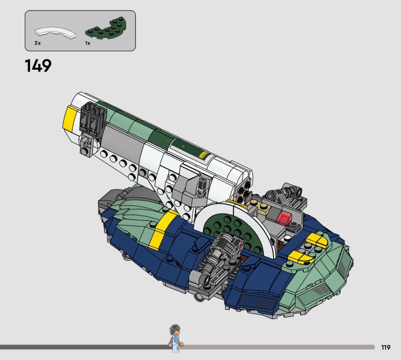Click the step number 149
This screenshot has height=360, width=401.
coord(38,66)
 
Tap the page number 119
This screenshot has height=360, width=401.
coord(385,347)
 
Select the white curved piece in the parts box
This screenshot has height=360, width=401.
coord(55,33)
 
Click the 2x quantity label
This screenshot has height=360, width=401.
coord(38,43)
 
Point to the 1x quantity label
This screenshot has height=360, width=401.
coord(88,43)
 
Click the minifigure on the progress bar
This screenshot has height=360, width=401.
coord(176,338)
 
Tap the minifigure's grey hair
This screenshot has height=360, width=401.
coord(175,328)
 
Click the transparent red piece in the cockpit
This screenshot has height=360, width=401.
coord(284,218)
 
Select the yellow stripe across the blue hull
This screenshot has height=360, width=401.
coord(161,230)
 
